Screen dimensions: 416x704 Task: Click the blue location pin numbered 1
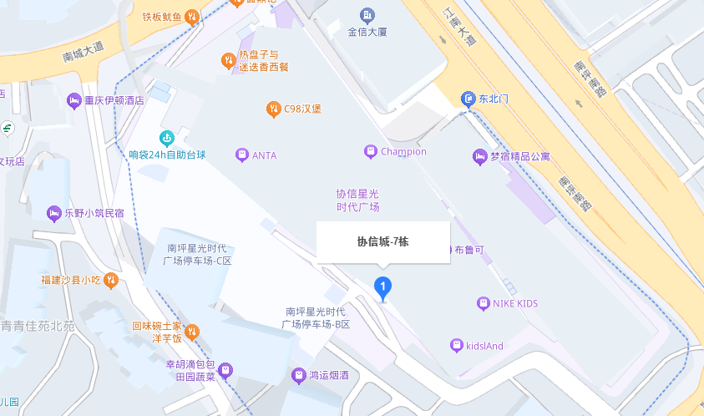(x=382, y=288)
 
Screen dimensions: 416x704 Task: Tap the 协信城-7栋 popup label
(x=383, y=242)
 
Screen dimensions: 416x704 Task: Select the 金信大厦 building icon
(x=367, y=15)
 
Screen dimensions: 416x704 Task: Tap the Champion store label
(x=403, y=152)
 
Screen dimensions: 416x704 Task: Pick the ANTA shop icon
(x=242, y=155)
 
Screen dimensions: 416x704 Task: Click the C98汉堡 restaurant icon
(x=273, y=109)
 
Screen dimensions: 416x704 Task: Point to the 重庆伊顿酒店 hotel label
(x=114, y=100)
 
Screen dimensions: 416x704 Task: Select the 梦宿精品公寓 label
(x=531, y=156)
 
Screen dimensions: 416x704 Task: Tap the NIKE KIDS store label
(x=514, y=303)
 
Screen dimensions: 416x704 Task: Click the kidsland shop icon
(x=456, y=345)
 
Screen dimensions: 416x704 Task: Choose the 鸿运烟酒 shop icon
(x=298, y=376)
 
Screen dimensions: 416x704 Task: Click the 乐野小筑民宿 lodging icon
(x=54, y=213)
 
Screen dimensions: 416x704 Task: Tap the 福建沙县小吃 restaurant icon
(x=111, y=280)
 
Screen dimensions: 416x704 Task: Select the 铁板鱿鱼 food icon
(x=192, y=16)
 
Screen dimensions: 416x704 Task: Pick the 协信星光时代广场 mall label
(x=357, y=200)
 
